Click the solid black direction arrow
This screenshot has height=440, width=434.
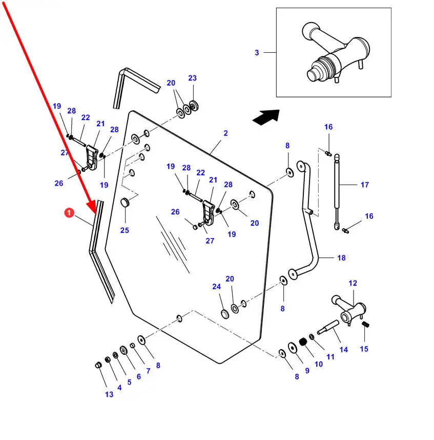click(x=266, y=117)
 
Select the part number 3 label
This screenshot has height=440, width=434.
click(x=257, y=52)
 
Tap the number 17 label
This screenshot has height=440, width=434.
click(x=364, y=185)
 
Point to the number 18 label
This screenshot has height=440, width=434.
click(x=341, y=258)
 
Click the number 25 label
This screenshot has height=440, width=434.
click(x=125, y=230)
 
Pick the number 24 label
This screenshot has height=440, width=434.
click(x=216, y=287)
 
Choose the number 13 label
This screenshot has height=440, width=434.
click(x=109, y=394)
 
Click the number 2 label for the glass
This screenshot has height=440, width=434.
click(x=225, y=133)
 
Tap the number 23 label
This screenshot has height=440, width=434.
click(x=192, y=78)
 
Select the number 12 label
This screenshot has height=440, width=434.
click(x=353, y=283)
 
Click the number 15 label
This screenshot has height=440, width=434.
click(x=364, y=349)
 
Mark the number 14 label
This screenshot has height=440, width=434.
click(x=343, y=350)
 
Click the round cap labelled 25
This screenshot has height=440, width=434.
click(x=125, y=204)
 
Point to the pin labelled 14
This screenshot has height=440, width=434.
click(x=328, y=327)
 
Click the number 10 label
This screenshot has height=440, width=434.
click(x=319, y=364)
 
